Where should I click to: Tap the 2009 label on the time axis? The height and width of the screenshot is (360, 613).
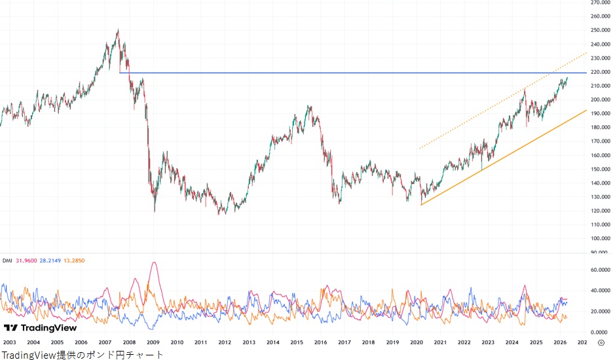pos(153,342)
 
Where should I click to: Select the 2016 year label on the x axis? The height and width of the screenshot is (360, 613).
pos(320,342)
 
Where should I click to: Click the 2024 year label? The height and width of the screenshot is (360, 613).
pos(512,342)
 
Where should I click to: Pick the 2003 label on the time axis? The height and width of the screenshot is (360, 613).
pos(10,342)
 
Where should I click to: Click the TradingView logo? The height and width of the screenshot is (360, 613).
pos(40,328)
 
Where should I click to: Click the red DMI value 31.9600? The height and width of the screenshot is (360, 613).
pos(29,261)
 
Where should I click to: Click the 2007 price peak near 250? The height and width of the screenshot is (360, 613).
pos(117,29)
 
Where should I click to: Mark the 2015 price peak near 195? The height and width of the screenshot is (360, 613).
pos(309,106)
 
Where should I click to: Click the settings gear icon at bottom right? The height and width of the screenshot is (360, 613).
pos(601,342)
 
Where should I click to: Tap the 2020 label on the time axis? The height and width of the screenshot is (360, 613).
pos(417,342)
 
